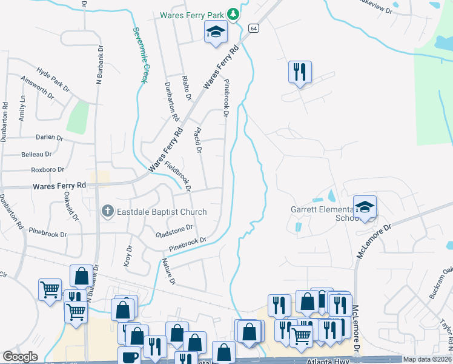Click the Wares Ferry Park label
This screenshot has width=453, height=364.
click(x=193, y=15)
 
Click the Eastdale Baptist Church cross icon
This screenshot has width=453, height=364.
click(x=107, y=211)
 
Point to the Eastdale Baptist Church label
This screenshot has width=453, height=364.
click(x=162, y=212)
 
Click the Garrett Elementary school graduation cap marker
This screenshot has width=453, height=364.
click(x=365, y=207)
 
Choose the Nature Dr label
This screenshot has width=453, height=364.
click(x=168, y=272)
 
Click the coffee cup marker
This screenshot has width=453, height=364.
click(x=130, y=356)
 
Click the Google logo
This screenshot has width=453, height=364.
click(x=21, y=357)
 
